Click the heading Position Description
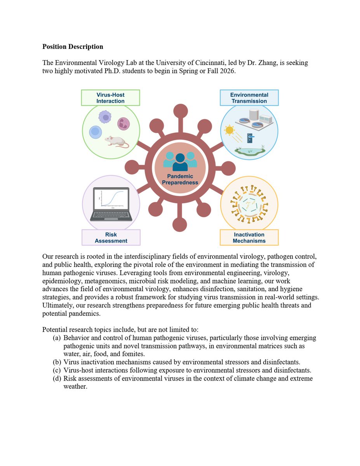tap(73, 47)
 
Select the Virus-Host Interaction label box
tap(111, 98)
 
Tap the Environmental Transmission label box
tap(249, 98)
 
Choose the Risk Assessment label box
tap(111, 238)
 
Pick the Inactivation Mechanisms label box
tap(249, 238)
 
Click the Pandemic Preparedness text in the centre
tap(180, 179)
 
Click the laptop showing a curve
tap(111, 204)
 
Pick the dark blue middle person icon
tap(180, 162)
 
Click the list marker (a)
tap(57, 338)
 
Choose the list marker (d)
tap(57, 378)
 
